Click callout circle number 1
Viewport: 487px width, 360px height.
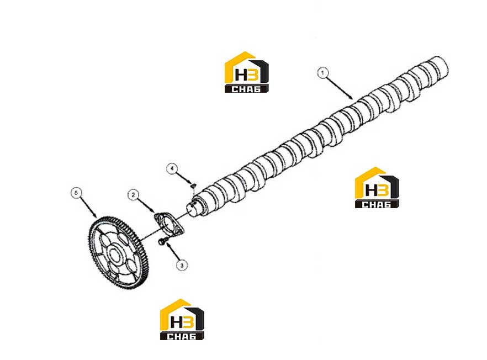(322, 73)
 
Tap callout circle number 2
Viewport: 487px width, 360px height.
(133, 195)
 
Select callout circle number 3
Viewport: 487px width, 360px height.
(182, 265)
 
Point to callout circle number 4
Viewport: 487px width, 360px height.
(172, 169)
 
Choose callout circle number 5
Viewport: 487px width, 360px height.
(76, 193)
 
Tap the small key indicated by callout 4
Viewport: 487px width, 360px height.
(193, 186)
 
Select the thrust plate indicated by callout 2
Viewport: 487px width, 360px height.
(168, 223)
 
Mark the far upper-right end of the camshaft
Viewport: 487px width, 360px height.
(445, 63)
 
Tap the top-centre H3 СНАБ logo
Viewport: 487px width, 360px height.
(247, 72)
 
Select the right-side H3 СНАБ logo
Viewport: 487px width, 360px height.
(377, 188)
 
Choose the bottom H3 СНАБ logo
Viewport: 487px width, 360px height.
(182, 319)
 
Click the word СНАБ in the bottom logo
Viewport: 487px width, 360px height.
(181, 336)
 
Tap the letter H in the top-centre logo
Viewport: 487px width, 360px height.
(241, 75)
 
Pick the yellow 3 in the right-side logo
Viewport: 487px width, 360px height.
(383, 190)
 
